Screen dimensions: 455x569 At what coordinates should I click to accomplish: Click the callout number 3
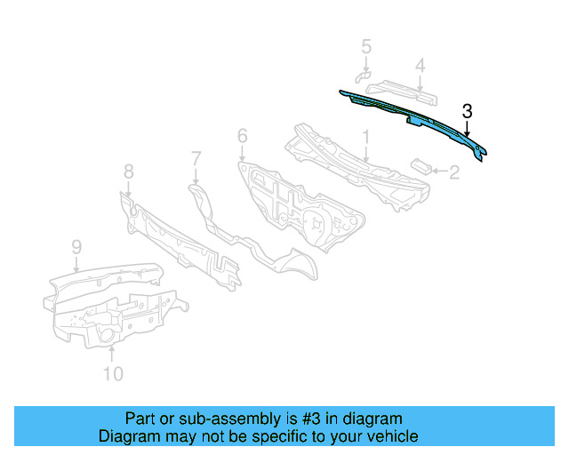coord(467,111)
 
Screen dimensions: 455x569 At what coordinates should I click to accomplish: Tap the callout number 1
coord(365,137)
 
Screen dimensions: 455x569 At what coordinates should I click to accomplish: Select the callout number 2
coord(453,172)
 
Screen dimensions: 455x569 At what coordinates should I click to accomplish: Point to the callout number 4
coord(420,65)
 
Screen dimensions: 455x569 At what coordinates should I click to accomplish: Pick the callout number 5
coord(366,46)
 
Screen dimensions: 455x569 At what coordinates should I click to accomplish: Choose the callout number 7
coord(196,158)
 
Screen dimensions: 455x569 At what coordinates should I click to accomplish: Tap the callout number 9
coord(76,246)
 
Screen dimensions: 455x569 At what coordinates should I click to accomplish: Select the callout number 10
coord(112,374)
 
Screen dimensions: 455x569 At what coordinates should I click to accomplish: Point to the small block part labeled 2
coord(421,164)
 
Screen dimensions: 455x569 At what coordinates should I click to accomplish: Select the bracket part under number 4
coord(405,89)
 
